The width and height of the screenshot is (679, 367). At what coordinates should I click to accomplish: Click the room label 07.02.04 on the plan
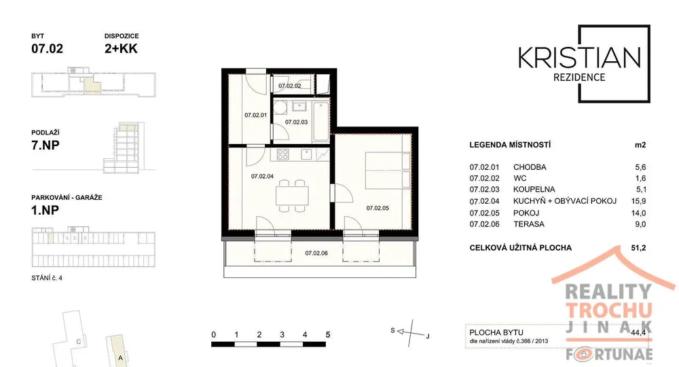[262, 176]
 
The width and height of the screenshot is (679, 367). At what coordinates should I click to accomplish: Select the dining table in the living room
[292, 196]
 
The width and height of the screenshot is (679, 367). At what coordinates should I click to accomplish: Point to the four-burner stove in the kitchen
[283, 154]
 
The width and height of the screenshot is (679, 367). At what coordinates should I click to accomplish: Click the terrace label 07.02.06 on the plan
[316, 253]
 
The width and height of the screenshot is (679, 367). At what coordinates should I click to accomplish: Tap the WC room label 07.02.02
[290, 86]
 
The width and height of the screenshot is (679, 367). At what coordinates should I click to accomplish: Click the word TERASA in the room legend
[529, 224]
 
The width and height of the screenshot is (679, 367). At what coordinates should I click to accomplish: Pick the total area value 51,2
[639, 248]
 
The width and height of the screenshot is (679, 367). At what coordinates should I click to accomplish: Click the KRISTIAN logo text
[580, 58]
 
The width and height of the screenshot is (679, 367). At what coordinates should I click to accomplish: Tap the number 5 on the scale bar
[328, 334]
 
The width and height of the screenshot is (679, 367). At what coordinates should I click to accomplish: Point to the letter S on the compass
[392, 330]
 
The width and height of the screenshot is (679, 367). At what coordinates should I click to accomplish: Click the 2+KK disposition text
[121, 48]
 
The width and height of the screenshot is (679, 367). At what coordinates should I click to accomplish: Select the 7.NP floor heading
[45, 145]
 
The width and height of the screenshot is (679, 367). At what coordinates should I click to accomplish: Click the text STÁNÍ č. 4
[47, 278]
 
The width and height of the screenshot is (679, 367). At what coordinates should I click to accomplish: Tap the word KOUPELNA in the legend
[534, 190]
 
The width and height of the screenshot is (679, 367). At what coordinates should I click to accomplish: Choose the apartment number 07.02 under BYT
[48, 48]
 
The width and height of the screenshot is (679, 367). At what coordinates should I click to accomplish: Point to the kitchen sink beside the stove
[306, 154]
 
